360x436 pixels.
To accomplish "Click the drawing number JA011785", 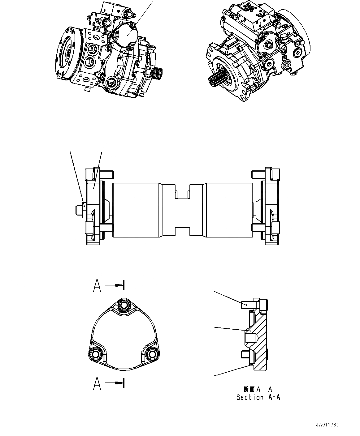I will pyautogui.click(x=327, y=425).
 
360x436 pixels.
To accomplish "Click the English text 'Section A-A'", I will pyautogui.click(x=258, y=397).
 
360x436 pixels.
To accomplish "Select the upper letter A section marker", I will pyautogui.click(x=97, y=286).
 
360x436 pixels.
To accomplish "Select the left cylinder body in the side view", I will pyautogui.click(x=137, y=210).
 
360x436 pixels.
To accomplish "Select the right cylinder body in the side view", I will pyautogui.click(x=227, y=210).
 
